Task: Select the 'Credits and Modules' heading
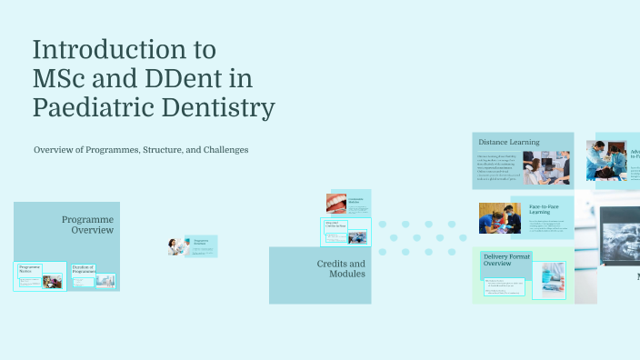(341, 268)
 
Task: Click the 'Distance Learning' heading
(508, 142)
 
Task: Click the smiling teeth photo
(335, 202)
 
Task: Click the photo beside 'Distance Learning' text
(546, 168)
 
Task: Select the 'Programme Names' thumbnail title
(32, 269)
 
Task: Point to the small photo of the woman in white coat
(178, 246)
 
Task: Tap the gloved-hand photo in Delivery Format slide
(549, 277)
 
